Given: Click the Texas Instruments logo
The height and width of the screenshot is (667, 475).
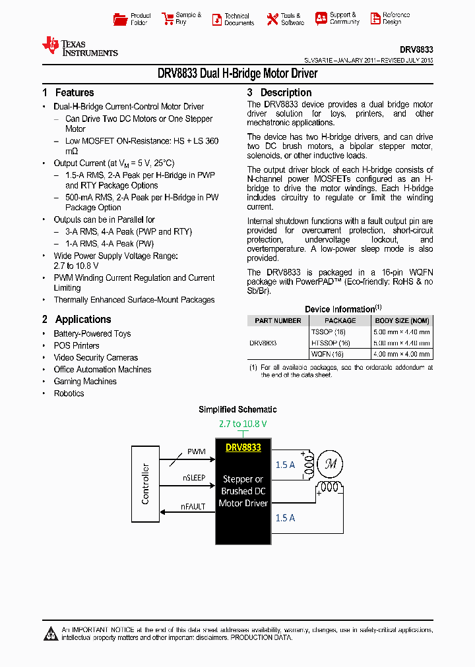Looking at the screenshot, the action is point(79,47).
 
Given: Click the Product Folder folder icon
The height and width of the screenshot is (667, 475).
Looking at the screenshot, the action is point(120,19).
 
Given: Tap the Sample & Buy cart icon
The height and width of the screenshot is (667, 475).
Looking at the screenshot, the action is point(167,19).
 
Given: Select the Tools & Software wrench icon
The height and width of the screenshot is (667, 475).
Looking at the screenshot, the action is point(272,19).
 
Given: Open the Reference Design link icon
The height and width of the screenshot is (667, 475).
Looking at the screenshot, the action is point(375,19).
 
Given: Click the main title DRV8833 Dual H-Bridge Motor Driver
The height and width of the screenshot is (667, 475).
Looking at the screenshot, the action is point(237,74).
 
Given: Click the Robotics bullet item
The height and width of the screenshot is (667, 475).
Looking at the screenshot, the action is point(69,393).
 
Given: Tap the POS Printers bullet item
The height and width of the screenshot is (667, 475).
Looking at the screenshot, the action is point(77,346).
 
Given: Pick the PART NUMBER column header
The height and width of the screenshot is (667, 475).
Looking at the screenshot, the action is point(278,321).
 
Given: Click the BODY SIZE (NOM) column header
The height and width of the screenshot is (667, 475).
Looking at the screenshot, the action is point(402,321).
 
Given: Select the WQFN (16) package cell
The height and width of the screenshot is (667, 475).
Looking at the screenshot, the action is point(327,354).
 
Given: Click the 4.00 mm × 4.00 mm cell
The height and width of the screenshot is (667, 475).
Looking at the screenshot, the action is point(402,354).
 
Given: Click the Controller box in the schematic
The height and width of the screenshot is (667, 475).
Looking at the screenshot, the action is point(145,484).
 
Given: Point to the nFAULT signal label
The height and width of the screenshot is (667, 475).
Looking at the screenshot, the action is point(193,507).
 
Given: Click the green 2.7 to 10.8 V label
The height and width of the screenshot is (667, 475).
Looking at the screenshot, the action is point(242,423).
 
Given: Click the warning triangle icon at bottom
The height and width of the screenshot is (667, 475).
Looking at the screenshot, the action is point(51,634).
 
